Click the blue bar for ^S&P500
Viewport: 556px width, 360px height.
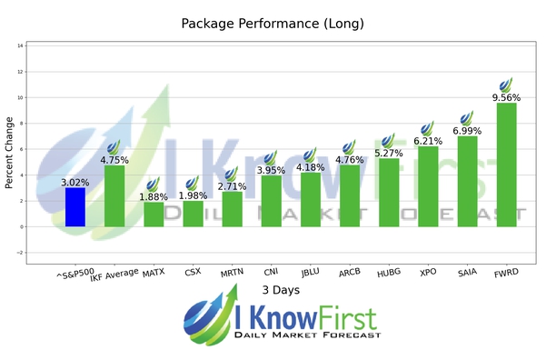(x=75, y=206)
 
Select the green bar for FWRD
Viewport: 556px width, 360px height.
(x=506, y=165)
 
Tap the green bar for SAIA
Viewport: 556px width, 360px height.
(x=467, y=181)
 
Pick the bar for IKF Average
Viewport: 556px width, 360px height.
(x=114, y=195)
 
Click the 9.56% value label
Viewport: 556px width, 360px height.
(x=506, y=96)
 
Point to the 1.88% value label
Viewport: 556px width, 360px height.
(x=154, y=195)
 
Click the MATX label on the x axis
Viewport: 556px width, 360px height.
(x=154, y=271)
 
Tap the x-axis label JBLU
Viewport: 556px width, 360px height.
(x=310, y=271)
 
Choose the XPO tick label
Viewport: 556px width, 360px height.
(x=427, y=271)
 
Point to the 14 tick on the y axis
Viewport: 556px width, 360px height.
(x=20, y=45)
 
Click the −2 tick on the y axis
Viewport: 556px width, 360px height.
(x=19, y=253)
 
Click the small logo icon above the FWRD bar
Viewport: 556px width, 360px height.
(x=506, y=85)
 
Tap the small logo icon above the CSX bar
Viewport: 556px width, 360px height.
(x=192, y=184)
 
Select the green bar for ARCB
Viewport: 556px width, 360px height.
(x=349, y=195)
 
